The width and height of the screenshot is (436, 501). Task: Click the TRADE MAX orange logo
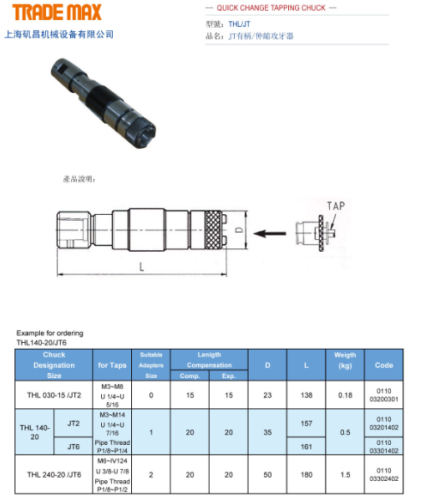(x=57, y=13)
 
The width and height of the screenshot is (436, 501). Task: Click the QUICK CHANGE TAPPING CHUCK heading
(x=271, y=8)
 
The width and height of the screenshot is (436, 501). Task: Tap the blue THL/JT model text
(x=240, y=24)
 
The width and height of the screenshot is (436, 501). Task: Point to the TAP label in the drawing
(x=336, y=206)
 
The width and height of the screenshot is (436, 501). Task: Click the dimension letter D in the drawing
(x=240, y=230)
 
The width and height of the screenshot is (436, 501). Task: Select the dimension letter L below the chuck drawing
(x=141, y=267)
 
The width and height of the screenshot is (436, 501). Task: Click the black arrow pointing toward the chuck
(x=270, y=233)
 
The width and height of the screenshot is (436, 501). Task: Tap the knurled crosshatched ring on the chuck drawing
(x=213, y=230)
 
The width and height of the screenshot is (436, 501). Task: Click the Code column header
(x=383, y=366)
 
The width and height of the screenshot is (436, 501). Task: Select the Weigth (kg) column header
(x=345, y=360)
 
